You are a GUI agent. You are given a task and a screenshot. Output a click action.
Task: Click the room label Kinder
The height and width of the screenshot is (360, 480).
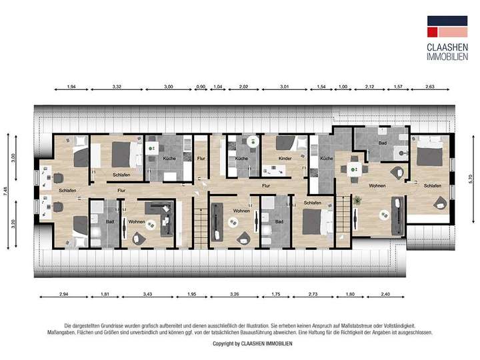pyautogui.click(x=285, y=159)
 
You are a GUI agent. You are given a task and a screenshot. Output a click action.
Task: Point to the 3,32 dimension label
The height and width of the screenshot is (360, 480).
pyautogui.click(x=117, y=87)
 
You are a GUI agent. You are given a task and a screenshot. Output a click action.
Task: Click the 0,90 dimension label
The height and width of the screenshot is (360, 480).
pyautogui.click(x=201, y=87)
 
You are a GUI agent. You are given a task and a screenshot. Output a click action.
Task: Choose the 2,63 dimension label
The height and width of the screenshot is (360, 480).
pyautogui.click(x=429, y=87)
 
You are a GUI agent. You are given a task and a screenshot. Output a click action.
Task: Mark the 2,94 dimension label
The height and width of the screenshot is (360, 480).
pyautogui.click(x=64, y=294)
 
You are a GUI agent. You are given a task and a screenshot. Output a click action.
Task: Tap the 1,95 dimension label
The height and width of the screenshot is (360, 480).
pyautogui.click(x=191, y=294)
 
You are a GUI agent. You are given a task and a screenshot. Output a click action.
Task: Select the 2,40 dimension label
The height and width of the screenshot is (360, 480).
pyautogui.click(x=385, y=294)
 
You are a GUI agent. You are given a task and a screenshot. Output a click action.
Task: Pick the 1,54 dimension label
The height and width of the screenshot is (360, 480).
pyautogui.click(x=321, y=87)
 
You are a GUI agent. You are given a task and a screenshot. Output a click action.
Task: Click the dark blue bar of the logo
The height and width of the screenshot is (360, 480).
pyautogui.click(x=447, y=20)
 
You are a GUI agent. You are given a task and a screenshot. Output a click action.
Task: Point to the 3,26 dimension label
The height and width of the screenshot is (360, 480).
pyautogui.click(x=234, y=294)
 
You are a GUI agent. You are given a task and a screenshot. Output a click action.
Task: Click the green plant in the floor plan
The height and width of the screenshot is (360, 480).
pyautogui.click(x=357, y=199)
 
